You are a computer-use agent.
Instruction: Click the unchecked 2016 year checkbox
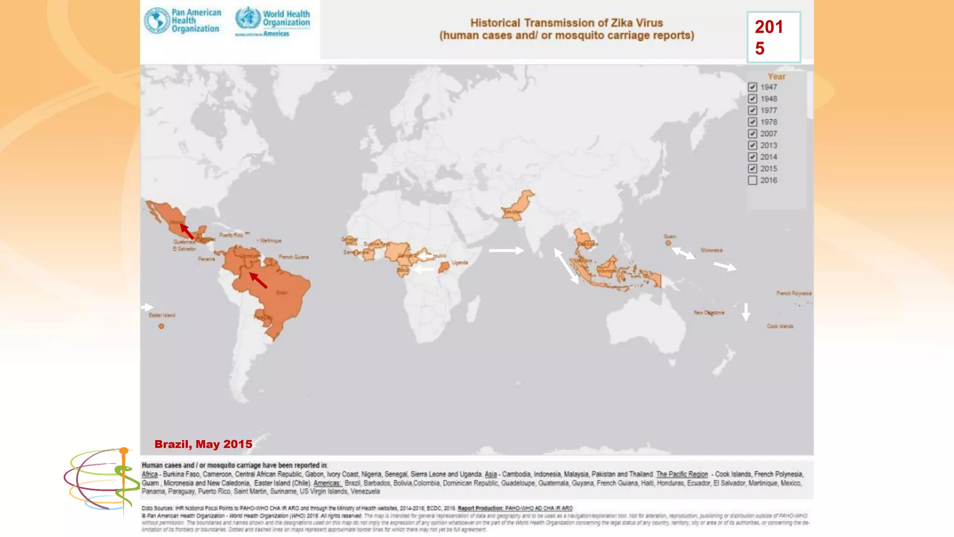[x=752, y=180]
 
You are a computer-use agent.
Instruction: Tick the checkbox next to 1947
[x=752, y=87]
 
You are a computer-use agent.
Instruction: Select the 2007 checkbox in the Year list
[x=752, y=134]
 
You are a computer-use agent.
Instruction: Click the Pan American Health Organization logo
[x=183, y=21]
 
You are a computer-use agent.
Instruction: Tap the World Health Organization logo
[x=273, y=21]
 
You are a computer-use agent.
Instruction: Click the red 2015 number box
[x=773, y=37]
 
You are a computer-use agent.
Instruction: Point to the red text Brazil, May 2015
[x=203, y=444]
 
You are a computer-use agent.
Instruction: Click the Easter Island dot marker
[x=161, y=326]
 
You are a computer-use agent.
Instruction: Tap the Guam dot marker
[x=668, y=243]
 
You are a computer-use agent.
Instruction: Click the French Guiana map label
[x=293, y=257]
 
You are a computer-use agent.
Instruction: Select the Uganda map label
[x=459, y=262]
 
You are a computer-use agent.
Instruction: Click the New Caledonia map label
[x=709, y=312]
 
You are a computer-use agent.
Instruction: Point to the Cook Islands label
[x=780, y=326]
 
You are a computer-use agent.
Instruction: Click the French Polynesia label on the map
[x=794, y=293]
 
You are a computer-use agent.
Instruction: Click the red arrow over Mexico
[x=187, y=231]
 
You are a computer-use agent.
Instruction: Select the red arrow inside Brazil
[x=258, y=280]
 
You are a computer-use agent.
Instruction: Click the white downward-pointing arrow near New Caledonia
[x=746, y=311]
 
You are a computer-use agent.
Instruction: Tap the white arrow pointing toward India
[x=506, y=250]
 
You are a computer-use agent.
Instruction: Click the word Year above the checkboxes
[x=776, y=76]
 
